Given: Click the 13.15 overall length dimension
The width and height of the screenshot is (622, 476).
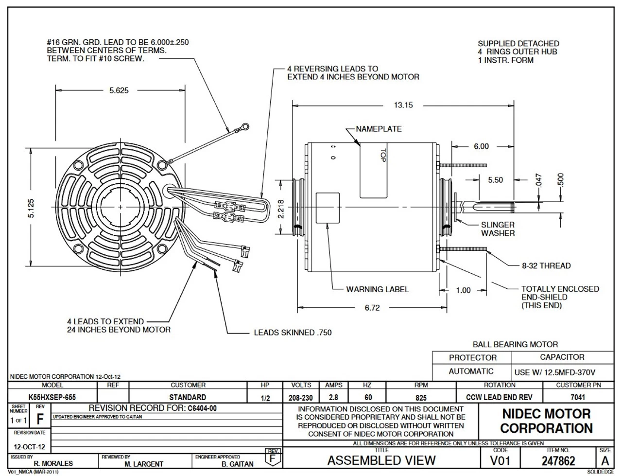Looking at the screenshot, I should [x=403, y=105].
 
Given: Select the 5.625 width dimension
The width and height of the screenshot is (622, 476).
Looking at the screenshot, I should [x=119, y=90].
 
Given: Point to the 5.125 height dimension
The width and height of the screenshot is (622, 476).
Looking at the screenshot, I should [x=31, y=208].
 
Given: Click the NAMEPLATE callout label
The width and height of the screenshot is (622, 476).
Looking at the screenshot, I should [x=379, y=129].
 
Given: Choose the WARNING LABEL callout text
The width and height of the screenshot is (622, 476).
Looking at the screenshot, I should [x=377, y=289].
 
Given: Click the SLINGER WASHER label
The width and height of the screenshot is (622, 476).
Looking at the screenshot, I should [x=498, y=229].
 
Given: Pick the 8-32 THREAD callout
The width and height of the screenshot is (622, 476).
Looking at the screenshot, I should [x=546, y=265].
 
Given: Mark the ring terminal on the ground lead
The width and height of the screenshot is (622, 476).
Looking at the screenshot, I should [x=245, y=127].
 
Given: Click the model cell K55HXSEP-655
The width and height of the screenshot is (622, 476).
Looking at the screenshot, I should [x=52, y=397].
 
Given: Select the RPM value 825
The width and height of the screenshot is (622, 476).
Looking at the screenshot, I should [x=421, y=397].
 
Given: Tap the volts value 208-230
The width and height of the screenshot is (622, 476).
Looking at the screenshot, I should [x=301, y=397].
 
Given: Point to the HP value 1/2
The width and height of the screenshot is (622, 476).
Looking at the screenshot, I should [x=265, y=398].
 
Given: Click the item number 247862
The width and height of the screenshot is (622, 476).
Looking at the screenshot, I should [x=558, y=460].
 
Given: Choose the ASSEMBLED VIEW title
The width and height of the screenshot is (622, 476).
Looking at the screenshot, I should [x=381, y=460].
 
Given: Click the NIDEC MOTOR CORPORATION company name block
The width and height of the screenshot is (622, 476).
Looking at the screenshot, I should [x=546, y=421].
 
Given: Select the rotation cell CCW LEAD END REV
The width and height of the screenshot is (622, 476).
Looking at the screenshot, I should [x=499, y=397].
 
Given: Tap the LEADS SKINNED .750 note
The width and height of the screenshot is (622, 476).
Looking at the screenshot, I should [x=293, y=333].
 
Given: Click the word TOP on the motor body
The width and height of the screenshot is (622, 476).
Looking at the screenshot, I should [x=382, y=155].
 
